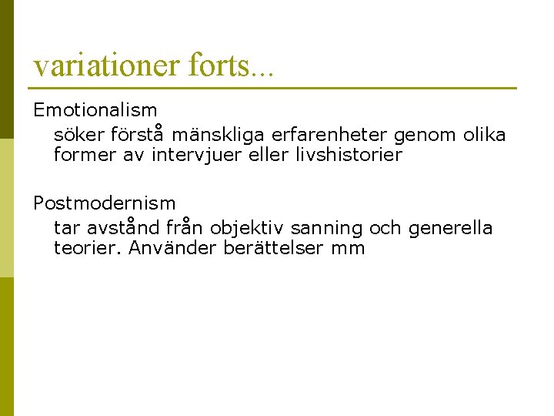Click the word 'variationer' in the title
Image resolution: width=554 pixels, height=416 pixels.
105,65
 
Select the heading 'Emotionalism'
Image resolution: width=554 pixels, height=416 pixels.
95,111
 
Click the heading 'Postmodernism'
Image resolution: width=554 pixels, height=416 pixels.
104,203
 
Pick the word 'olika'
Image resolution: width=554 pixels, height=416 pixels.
485,136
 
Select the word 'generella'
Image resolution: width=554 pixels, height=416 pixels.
450,229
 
